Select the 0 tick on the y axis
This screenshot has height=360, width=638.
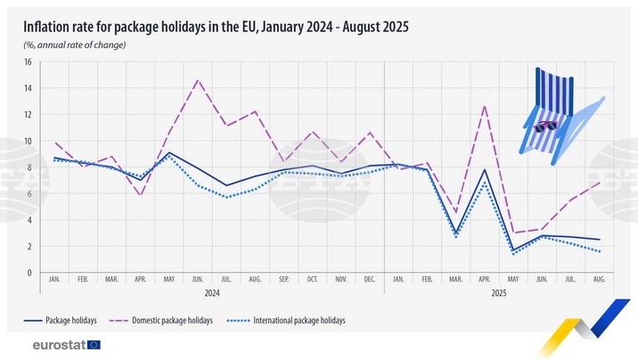coord(29,273)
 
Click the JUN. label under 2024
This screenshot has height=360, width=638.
coord(198,279)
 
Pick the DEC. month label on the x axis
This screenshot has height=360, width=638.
coord(369,279)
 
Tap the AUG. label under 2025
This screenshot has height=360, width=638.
coord(598,279)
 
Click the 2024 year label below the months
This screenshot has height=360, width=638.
coord(212,291)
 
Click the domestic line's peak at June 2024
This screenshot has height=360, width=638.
coord(198,80)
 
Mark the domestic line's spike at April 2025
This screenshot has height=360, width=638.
coord(484,106)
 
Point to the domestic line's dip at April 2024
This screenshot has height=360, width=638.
coord(141,195)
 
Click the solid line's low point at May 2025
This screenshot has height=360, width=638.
coord(512,250)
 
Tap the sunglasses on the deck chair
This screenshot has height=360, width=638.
coord(545,127)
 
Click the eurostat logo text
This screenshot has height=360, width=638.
coord(58,344)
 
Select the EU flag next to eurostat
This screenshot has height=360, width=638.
coord(94,344)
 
